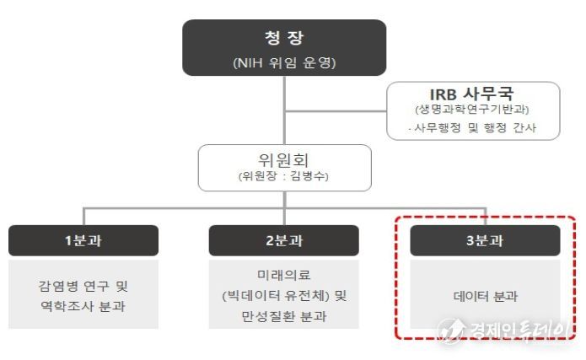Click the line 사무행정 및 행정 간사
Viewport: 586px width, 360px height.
pyautogui.click(x=473, y=128)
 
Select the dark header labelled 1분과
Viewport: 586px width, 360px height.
pyautogui.click(x=83, y=240)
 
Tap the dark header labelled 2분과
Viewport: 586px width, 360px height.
pyautogui.click(x=284, y=240)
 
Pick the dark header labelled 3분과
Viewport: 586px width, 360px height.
pyautogui.click(x=485, y=240)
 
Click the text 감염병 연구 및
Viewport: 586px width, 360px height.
pyautogui.click(x=83, y=284)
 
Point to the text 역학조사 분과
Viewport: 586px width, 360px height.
pyautogui.click(x=83, y=306)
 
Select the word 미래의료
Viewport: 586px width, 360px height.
pyautogui.click(x=284, y=275)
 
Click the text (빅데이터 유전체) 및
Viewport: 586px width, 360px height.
pyautogui.click(x=284, y=295)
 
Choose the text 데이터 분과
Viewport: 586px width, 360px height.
pyautogui.click(x=485, y=296)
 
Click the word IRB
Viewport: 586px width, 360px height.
pyautogui.click(x=444, y=93)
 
